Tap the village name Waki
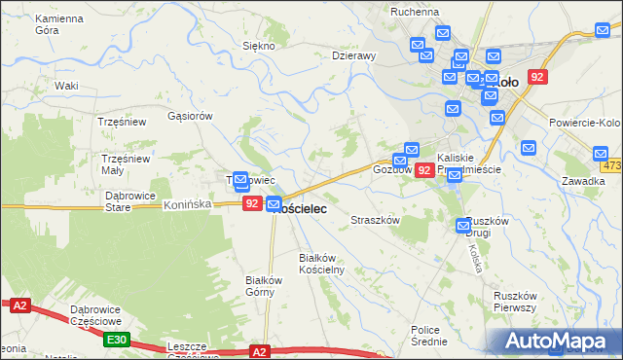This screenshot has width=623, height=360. [x=66, y=86]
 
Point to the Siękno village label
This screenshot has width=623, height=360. [x=259, y=46]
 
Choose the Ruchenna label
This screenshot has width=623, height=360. [x=414, y=12]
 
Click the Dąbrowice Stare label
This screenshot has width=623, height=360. [x=130, y=200]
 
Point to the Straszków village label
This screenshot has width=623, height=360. [x=376, y=221]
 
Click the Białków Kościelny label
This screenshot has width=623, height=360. [x=321, y=264]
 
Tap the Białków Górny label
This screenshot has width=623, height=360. [x=263, y=286]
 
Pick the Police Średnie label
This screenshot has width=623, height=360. [x=429, y=336]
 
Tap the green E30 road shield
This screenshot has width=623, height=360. [x=117, y=339]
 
